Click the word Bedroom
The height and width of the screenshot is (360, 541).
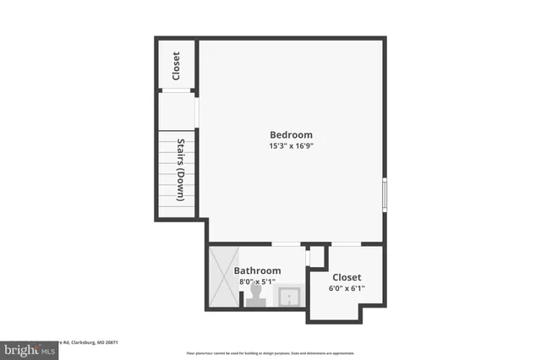coord(291,134)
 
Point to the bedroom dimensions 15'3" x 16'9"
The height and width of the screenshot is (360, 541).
coord(291,145)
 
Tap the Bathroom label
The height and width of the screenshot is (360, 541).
coord(257,271)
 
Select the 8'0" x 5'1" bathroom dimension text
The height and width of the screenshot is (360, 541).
coord(257,282)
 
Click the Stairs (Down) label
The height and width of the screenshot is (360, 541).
coord(181,170)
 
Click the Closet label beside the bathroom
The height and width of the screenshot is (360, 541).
coord(347,277)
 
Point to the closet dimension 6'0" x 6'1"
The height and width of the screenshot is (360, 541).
coord(347,288)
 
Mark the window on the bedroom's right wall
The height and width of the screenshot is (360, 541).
coord(385,194)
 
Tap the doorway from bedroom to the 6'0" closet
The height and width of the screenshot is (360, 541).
coord(346,244)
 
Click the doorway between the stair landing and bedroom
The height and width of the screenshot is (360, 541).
coord(198,111)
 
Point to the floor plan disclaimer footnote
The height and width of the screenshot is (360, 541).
coord(270,352)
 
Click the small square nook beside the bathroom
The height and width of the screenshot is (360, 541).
coord(316,256)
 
